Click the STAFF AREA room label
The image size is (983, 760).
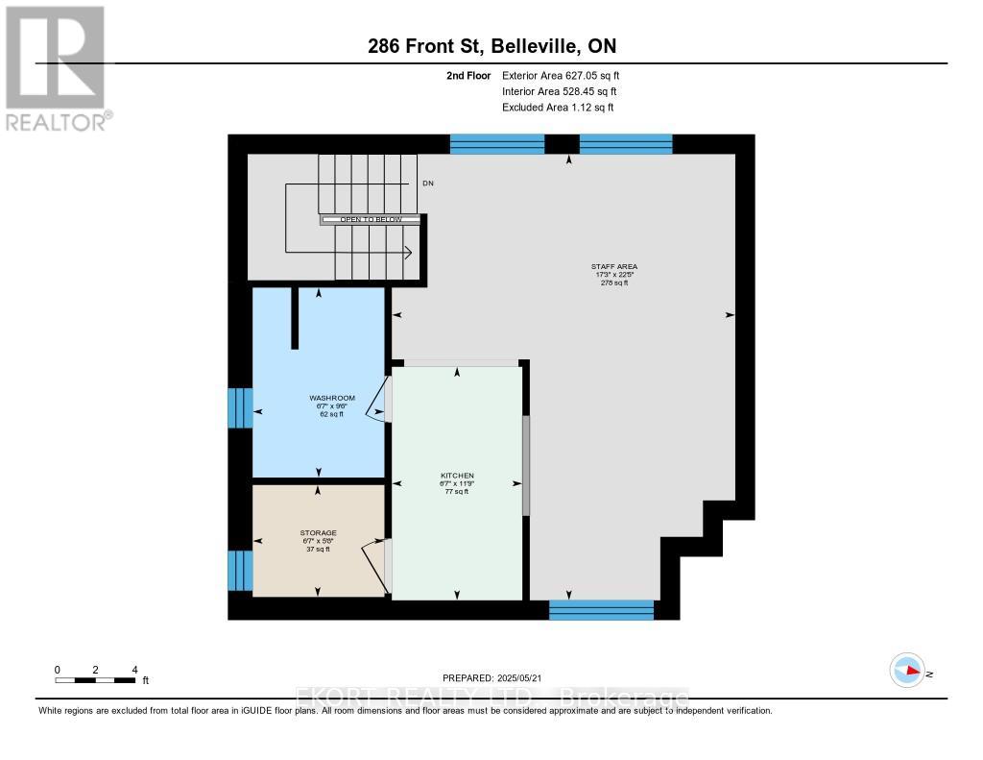click(x=614, y=266)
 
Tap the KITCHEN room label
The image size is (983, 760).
click(x=457, y=476)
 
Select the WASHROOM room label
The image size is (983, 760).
click(x=332, y=398)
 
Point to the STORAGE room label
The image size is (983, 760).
click(x=317, y=532)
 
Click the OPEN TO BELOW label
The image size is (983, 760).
click(x=371, y=220)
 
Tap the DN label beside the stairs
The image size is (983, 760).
click(x=427, y=183)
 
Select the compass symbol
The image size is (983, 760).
click(x=906, y=671)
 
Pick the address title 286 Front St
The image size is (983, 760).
click(x=491, y=47)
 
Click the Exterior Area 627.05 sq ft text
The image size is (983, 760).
click(x=567, y=75)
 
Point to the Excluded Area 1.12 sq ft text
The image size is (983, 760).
click(x=558, y=108)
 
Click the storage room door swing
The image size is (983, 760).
click(x=375, y=562)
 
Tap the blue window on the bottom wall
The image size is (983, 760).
click(x=601, y=609)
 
